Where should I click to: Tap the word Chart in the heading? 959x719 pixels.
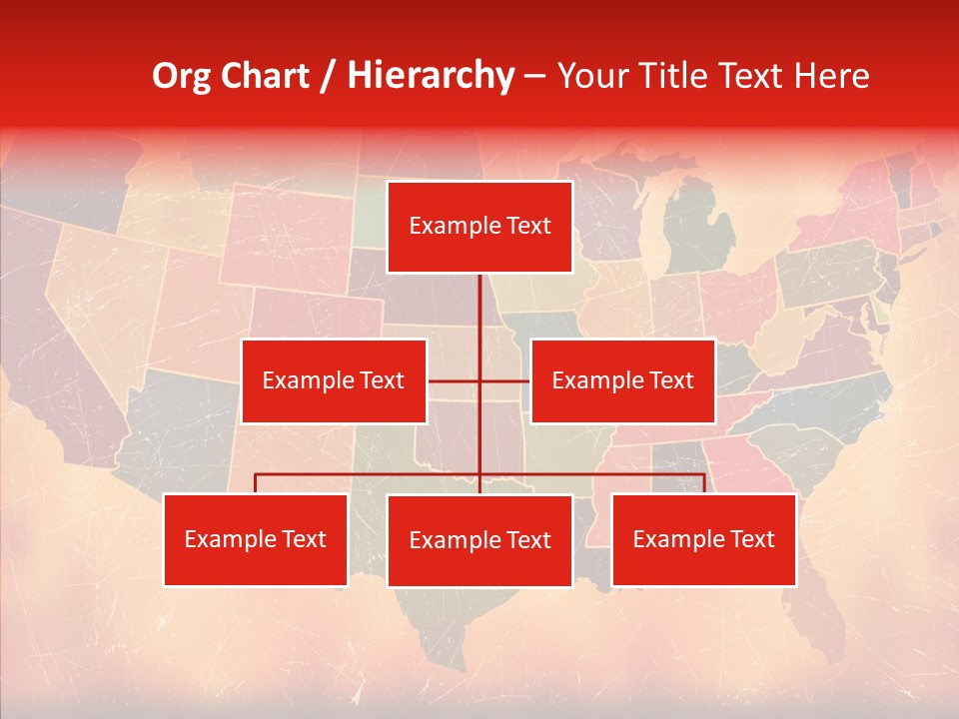click(x=266, y=76)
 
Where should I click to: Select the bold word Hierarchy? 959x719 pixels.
click(x=431, y=76)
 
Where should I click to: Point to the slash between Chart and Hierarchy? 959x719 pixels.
click(x=328, y=77)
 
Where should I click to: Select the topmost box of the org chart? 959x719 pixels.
click(x=479, y=227)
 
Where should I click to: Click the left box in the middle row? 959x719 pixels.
click(x=334, y=380)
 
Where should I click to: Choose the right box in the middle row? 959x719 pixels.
click(x=622, y=380)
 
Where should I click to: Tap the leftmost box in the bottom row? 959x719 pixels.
click(x=255, y=539)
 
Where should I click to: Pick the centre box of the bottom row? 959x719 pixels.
click(x=479, y=540)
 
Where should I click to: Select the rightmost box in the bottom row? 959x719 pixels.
click(x=703, y=539)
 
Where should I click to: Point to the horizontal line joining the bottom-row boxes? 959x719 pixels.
click(x=370, y=474)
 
